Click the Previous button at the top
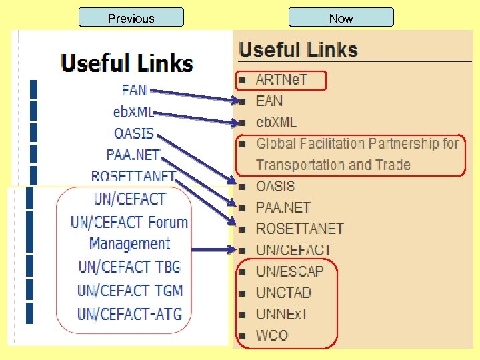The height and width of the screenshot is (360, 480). (131, 18)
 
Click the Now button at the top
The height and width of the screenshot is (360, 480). (341, 18)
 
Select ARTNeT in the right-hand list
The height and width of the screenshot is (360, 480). (281, 80)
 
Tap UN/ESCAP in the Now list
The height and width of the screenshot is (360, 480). (289, 271)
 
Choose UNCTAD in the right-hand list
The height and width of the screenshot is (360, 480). (283, 293)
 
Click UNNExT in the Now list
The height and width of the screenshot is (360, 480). (282, 314)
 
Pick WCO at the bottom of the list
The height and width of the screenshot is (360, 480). (272, 335)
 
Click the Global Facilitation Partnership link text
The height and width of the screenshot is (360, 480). (357, 144)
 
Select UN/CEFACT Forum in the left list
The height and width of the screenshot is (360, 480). (129, 222)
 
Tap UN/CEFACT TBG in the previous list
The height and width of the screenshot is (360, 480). (129, 267)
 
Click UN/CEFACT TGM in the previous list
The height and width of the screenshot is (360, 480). (129, 291)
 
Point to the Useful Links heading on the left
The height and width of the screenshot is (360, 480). (127, 64)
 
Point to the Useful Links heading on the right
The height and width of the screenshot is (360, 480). (298, 50)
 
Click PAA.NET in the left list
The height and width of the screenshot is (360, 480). (133, 155)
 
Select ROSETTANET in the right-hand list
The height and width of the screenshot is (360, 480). (299, 229)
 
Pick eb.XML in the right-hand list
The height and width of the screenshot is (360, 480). (277, 123)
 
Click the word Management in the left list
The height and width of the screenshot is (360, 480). (129, 244)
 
